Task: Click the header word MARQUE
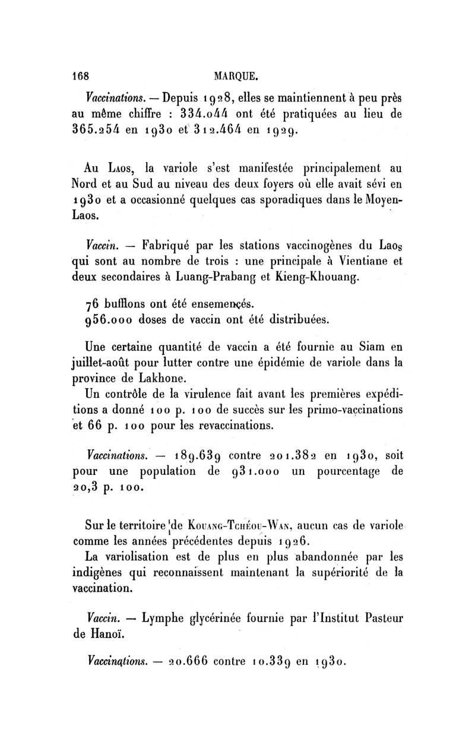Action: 236,77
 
